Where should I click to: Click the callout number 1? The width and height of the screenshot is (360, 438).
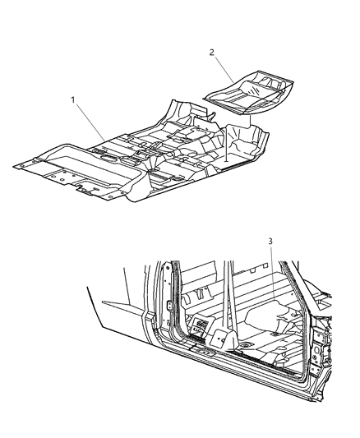pos(73,99)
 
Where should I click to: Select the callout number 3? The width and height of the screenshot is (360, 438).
pos(270,242)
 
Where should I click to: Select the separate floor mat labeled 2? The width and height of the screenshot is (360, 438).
pos(247,93)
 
